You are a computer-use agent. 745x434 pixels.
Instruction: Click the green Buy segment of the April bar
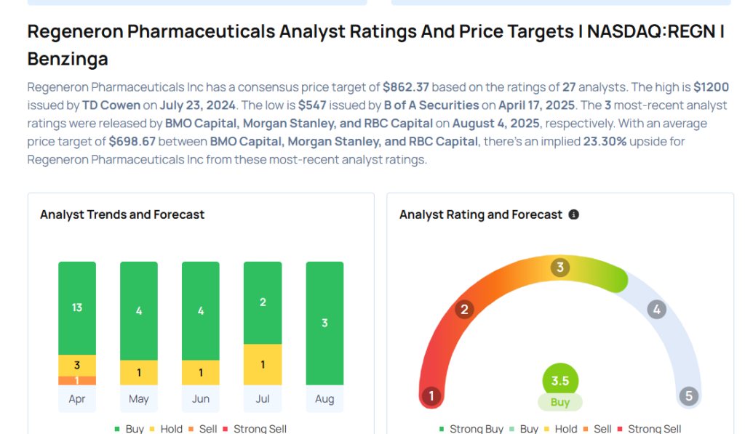(x=77, y=308)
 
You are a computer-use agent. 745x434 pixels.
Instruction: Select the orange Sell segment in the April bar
(x=77, y=380)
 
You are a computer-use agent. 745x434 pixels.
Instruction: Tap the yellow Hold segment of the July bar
(x=263, y=364)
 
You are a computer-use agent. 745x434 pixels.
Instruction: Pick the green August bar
(x=324, y=323)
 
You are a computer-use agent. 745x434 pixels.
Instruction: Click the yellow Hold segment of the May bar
(x=139, y=372)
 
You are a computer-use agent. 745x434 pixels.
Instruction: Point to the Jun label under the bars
(x=201, y=399)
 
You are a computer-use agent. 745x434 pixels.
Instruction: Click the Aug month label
(x=324, y=399)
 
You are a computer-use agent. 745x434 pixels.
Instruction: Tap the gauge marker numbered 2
(x=463, y=310)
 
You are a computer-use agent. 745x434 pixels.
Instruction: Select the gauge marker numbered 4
(x=657, y=310)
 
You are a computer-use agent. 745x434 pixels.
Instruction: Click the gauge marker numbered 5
(x=688, y=396)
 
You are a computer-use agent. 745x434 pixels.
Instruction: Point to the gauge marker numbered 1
(x=432, y=396)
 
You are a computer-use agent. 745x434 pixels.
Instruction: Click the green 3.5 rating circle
(x=560, y=381)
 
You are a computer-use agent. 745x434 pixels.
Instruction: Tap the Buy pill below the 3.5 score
(x=560, y=402)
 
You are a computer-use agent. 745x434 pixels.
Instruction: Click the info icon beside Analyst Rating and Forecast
(x=574, y=214)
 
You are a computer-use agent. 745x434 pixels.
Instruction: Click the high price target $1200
(x=711, y=87)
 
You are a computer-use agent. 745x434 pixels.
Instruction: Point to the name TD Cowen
(x=111, y=105)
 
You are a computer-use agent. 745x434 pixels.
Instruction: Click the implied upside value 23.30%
(x=605, y=141)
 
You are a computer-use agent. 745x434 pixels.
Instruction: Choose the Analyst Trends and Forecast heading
(x=122, y=214)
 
